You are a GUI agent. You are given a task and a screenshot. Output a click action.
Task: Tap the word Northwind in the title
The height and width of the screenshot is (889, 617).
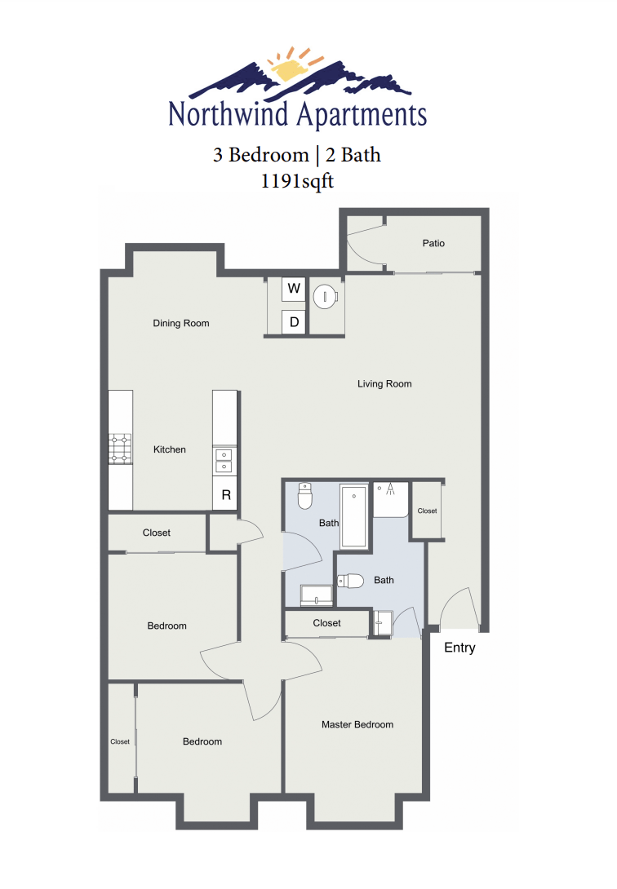click(x=228, y=114)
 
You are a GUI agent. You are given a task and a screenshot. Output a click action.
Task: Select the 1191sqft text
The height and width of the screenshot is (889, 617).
click(x=296, y=181)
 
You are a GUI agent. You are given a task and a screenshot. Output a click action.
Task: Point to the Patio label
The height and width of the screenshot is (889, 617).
click(x=433, y=243)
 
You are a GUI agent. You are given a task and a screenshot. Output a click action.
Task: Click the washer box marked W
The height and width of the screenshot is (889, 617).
click(x=294, y=289)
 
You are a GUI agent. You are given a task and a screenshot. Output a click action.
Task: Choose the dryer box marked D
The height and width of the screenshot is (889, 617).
click(x=294, y=322)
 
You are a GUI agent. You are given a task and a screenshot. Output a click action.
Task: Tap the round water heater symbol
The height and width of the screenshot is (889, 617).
click(x=326, y=296)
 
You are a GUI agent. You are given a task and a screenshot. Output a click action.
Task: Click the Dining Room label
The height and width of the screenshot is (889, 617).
click(x=181, y=323)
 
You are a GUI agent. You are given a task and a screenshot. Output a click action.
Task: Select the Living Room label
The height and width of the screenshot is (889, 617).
click(x=384, y=383)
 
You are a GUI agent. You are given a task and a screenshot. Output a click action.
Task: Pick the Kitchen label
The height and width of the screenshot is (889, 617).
click(x=170, y=449)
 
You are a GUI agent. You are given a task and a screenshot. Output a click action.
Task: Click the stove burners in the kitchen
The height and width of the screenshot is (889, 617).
click(x=121, y=449)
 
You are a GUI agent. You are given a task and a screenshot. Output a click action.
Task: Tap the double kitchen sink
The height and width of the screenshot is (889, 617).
click(x=224, y=461)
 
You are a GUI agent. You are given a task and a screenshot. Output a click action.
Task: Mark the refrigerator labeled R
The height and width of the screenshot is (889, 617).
click(x=226, y=495)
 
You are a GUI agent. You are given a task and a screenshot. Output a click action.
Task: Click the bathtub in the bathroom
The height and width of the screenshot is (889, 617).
click(x=354, y=516)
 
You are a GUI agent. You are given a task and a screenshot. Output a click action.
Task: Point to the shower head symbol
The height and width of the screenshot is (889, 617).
click(x=391, y=489)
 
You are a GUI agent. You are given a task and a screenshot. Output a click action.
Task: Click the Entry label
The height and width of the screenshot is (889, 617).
click(x=459, y=648)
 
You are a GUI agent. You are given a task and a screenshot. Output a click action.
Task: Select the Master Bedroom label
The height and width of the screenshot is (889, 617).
click(x=357, y=724)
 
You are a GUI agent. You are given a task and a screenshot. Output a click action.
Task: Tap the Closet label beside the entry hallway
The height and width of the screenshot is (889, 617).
click(x=428, y=511)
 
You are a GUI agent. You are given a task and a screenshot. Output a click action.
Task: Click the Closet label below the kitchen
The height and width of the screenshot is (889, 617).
click(x=157, y=533)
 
